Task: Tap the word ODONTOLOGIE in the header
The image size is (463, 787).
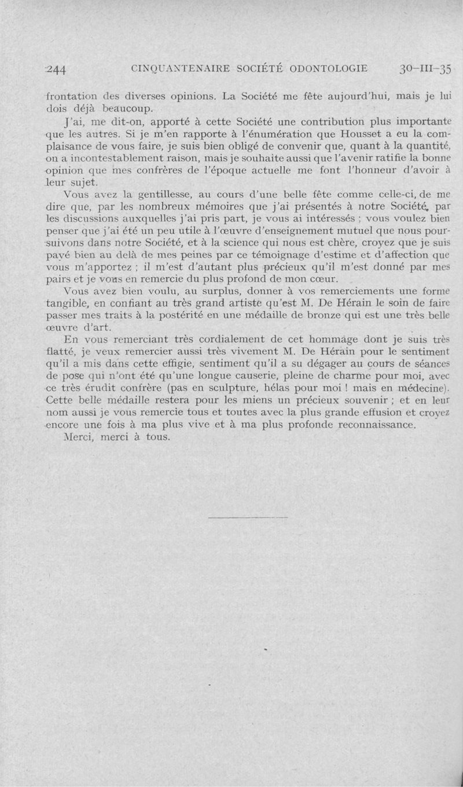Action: (327, 68)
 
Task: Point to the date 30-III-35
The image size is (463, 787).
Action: (425, 68)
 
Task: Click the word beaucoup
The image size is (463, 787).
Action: (126, 108)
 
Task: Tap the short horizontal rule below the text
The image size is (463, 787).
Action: (248, 516)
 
